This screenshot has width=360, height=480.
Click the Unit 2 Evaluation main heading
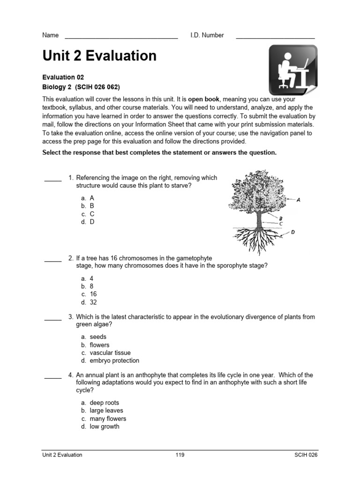99,56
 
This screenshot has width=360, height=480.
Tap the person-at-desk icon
292,70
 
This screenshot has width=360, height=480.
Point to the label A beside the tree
299,200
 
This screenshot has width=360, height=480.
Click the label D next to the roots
293,232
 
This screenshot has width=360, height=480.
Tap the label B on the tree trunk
280,218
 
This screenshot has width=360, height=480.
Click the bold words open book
204,99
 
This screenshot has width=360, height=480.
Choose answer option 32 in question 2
93,302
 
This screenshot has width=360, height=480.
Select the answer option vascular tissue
110,352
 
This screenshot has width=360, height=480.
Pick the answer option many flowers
108,419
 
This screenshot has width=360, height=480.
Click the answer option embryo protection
114,360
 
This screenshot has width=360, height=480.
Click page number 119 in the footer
180,455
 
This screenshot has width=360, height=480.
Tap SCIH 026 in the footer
306,455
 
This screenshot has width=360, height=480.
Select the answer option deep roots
105,403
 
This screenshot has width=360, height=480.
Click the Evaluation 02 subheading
63,77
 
